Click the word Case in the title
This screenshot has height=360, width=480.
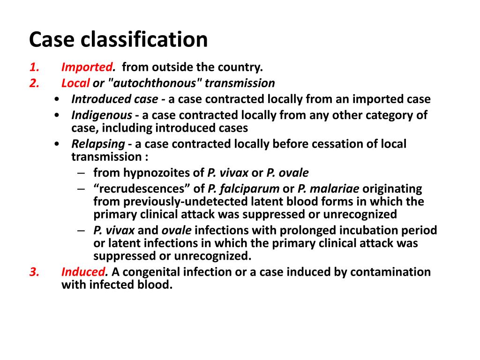[x=52, y=39]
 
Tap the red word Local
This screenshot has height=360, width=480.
[x=75, y=83]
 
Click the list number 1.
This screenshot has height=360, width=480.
[x=33, y=67]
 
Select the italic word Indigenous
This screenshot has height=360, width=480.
[x=101, y=115]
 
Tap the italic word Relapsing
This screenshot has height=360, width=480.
[x=98, y=144]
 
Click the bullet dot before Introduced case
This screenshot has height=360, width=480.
[x=57, y=99]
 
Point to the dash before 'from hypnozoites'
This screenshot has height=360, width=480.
[x=81, y=172]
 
